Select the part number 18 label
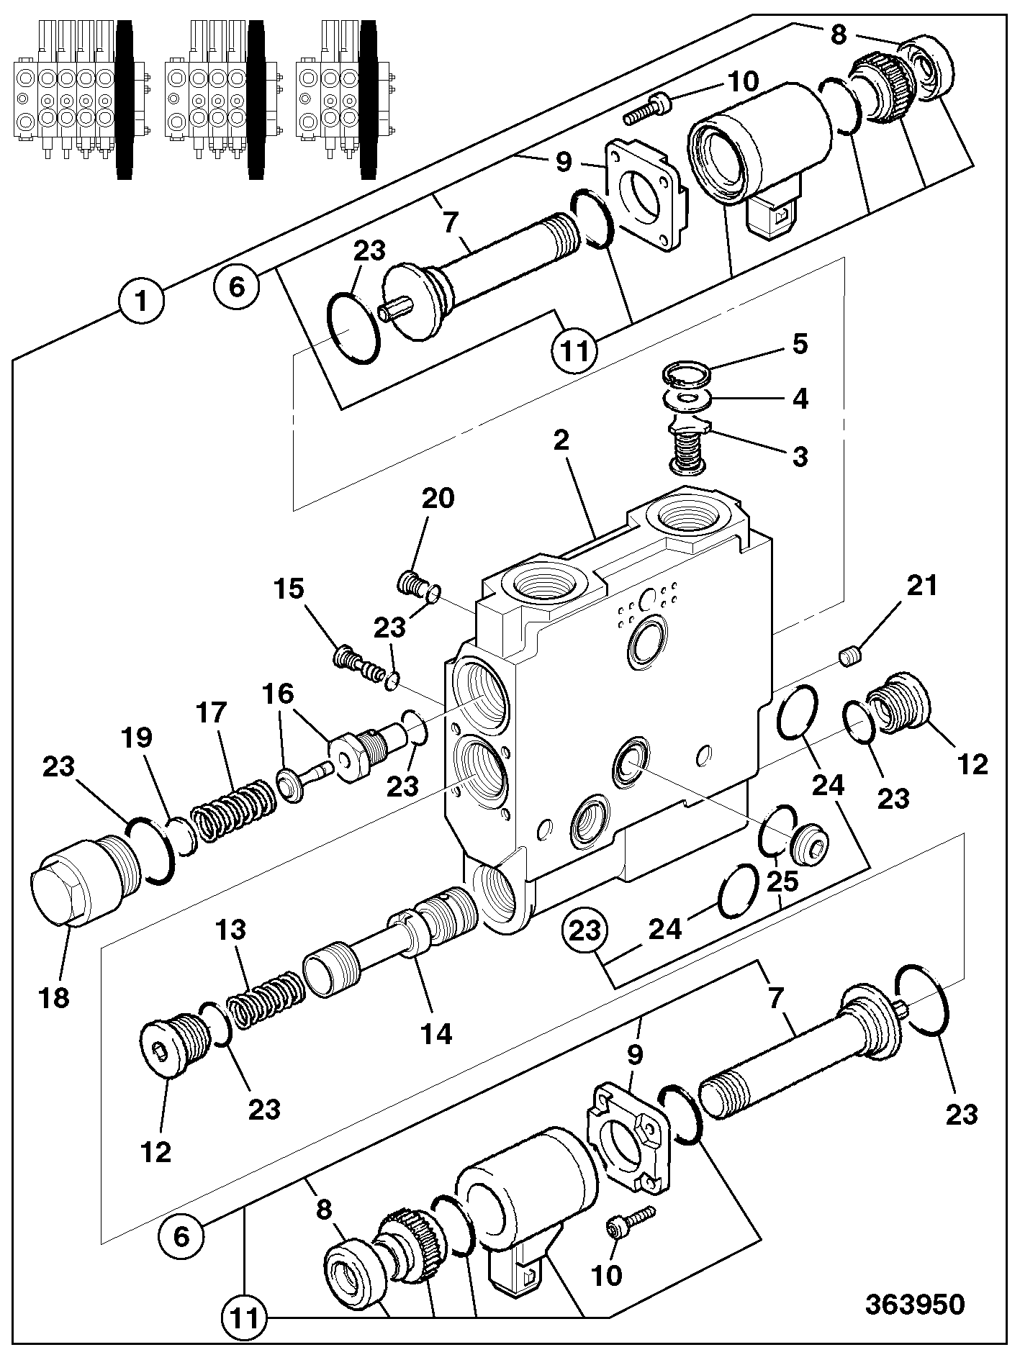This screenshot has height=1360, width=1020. click(x=55, y=998)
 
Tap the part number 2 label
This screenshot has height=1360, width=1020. click(x=561, y=440)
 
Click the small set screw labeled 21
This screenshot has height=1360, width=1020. click(x=852, y=656)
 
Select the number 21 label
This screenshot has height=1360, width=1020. click(x=922, y=586)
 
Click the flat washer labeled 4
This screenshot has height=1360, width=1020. click(x=688, y=398)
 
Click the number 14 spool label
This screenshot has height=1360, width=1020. click(x=436, y=1034)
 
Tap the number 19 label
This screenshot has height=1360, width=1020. click(x=138, y=738)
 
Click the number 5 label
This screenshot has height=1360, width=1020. click(x=800, y=344)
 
